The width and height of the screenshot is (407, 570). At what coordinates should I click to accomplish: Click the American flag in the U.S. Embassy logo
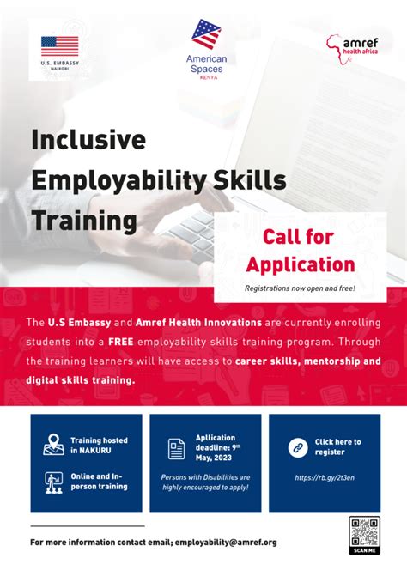tap(59, 46)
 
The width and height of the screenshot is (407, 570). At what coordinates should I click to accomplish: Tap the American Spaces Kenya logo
tap(205, 47)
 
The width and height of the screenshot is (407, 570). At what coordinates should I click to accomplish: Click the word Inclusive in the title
tap(89, 139)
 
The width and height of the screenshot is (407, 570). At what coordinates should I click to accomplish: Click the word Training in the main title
tap(84, 220)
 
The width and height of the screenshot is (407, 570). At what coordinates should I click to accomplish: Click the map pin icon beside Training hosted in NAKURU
tap(54, 446)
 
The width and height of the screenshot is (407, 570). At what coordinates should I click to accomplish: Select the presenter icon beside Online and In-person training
tap(54, 482)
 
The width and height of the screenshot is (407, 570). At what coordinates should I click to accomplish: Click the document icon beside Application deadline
tap(176, 449)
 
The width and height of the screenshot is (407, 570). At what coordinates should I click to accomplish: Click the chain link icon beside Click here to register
tap(296, 446)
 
